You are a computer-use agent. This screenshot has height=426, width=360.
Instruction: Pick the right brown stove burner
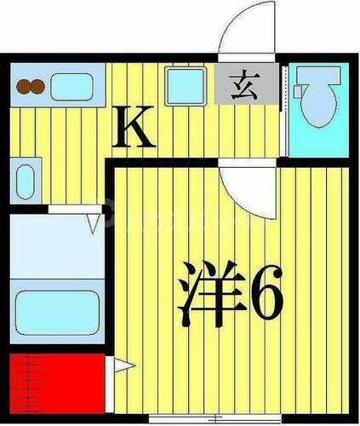coord(37,86)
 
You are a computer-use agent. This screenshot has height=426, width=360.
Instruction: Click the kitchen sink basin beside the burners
coord(71,86)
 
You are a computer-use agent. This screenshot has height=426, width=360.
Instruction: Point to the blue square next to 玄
coord(183,86)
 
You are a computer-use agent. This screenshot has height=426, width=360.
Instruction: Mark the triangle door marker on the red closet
coord(122,368)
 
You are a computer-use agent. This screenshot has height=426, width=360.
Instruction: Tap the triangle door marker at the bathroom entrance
coord(92,224)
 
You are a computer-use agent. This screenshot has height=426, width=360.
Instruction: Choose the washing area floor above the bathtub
coord(56,247)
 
